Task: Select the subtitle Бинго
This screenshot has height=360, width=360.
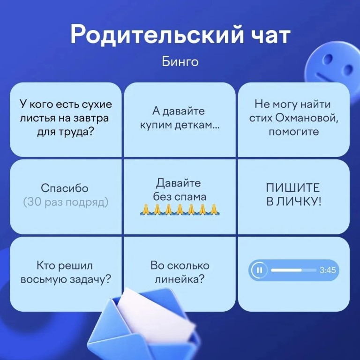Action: pyautogui.click(x=180, y=62)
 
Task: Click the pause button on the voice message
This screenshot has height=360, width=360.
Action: pyautogui.click(x=259, y=270)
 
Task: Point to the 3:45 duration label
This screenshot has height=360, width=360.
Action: pyautogui.click(x=328, y=270)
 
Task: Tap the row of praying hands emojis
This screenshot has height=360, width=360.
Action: pyautogui.click(x=180, y=209)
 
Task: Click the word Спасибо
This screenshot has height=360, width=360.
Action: pyautogui.click(x=65, y=188)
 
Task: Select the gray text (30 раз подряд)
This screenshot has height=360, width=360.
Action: pyautogui.click(x=66, y=202)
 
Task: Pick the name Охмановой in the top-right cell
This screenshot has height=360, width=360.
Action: pyautogui.click(x=306, y=118)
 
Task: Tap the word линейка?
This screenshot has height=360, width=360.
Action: pyautogui.click(x=180, y=279)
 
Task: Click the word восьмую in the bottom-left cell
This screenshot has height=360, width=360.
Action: pyautogui.click(x=44, y=280)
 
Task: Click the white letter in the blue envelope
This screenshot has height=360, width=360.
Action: pyautogui.click(x=156, y=317)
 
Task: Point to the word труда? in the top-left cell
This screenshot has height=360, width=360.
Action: pyautogui.click(x=76, y=133)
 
